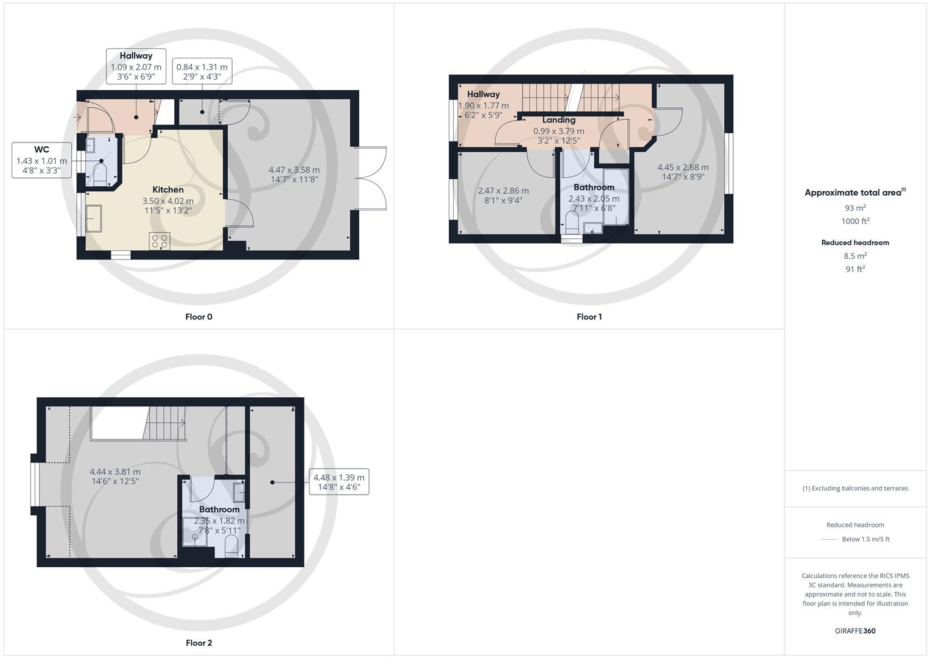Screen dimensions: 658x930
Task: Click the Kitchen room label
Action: [167, 189]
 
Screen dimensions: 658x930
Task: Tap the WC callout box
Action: [41, 160]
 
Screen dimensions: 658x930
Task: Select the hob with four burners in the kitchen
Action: [160, 241]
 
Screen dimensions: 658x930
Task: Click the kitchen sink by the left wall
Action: [94, 218]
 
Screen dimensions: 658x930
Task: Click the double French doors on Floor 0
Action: [370, 179]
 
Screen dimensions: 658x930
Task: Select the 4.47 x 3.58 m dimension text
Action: [294, 174]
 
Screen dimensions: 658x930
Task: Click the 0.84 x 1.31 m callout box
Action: [202, 72]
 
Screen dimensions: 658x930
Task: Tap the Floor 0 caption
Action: [199, 317]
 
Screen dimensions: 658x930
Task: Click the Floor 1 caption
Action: [589, 317]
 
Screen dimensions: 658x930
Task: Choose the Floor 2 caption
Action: [199, 643]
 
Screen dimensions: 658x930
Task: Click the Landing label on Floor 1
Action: [558, 120]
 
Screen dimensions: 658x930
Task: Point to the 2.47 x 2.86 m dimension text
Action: [503, 195]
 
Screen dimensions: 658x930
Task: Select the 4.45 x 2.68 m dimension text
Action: [683, 172]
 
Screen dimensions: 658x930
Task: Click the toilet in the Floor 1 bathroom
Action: [571, 227]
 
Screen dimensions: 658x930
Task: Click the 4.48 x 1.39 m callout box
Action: [339, 482]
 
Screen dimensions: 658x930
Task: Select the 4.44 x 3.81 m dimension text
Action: [115, 476]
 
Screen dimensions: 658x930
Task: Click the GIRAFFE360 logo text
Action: [854, 631]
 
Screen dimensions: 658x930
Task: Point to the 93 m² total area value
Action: [854, 208]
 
